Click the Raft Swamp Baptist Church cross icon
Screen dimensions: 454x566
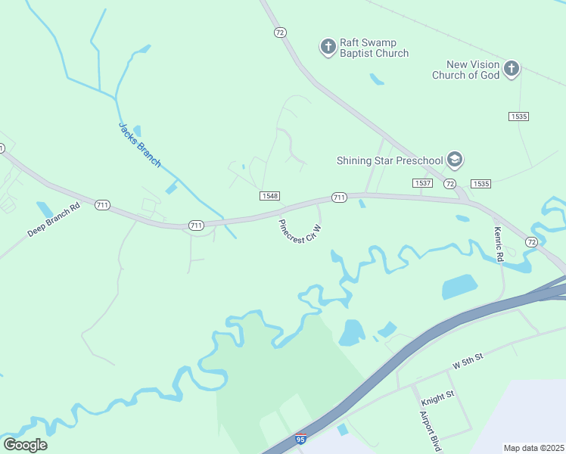pos(328,48)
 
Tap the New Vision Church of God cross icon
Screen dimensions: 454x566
pos(512,70)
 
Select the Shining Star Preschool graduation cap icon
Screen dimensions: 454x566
pos(454,160)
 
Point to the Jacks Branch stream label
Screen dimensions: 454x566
pos(140,145)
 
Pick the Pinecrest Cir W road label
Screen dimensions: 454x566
pos(300,231)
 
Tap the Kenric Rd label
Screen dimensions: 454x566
pos(499,245)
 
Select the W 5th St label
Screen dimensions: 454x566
pos(468,365)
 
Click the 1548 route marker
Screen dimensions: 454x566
pos(269,196)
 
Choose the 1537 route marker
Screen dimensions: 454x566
pos(422,184)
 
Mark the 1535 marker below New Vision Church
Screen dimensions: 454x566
pos(518,116)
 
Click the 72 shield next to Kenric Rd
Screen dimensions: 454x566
pos(531,242)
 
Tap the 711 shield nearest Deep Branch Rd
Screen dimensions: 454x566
pos(103,205)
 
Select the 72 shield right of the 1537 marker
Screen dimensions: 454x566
pos(449,184)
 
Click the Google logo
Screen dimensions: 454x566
pos(25,445)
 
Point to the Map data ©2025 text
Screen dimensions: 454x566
pos(533,448)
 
